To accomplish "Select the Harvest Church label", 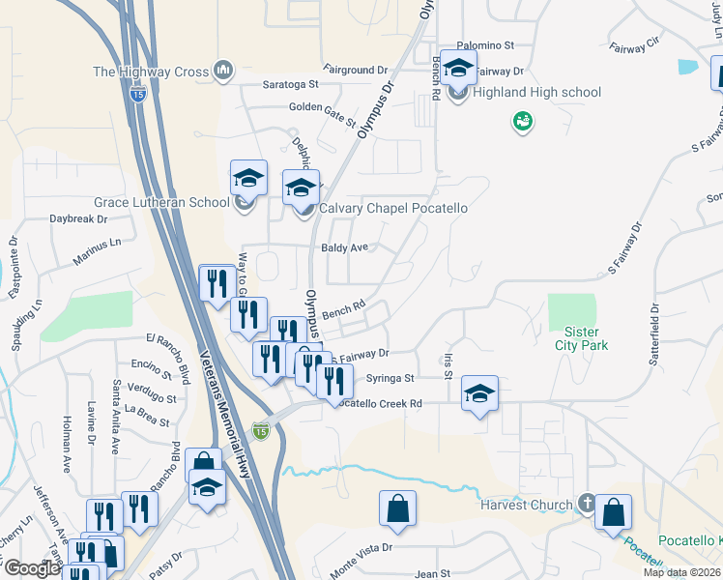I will pos(527,505).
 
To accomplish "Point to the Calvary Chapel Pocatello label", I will pos(393,209).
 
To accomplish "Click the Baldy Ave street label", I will pos(345,247).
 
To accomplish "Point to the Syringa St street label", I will pos(390,378).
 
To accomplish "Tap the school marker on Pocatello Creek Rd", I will pos(479,394).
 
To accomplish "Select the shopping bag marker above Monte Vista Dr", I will pos(398,509).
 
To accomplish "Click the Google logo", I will pos(31,567).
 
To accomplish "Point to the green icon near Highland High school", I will pos(523,122).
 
